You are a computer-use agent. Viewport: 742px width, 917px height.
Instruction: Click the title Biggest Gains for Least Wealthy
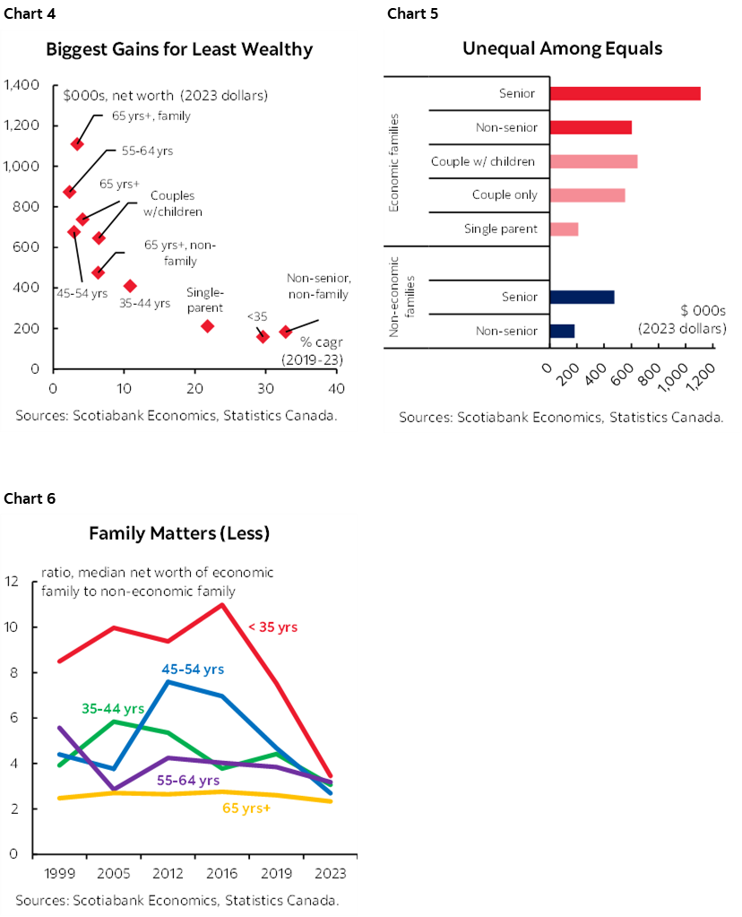coord(179,49)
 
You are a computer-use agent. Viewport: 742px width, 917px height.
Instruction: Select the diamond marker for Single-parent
coord(208,326)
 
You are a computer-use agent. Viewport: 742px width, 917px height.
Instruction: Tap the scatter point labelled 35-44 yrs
coord(130,286)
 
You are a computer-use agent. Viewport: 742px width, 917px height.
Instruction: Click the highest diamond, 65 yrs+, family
coord(77,143)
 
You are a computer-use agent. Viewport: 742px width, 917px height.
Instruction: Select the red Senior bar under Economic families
coord(625,93)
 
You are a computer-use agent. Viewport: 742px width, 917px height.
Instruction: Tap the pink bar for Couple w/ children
coord(593,161)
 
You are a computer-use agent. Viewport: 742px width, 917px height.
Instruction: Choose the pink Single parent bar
coord(564,229)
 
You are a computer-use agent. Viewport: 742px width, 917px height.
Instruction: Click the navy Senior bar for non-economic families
coord(582,297)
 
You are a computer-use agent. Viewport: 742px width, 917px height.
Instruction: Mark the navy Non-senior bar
coord(562,331)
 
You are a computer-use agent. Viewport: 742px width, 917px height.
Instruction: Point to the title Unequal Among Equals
coord(562,48)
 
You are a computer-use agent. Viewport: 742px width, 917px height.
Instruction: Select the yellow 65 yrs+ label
coord(246,808)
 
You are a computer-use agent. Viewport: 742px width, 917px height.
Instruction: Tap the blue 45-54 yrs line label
coord(193,669)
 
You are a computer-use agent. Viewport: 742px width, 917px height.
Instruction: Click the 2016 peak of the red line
coord(221,604)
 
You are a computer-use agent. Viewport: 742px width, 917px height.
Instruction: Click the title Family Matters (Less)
coord(179,533)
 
